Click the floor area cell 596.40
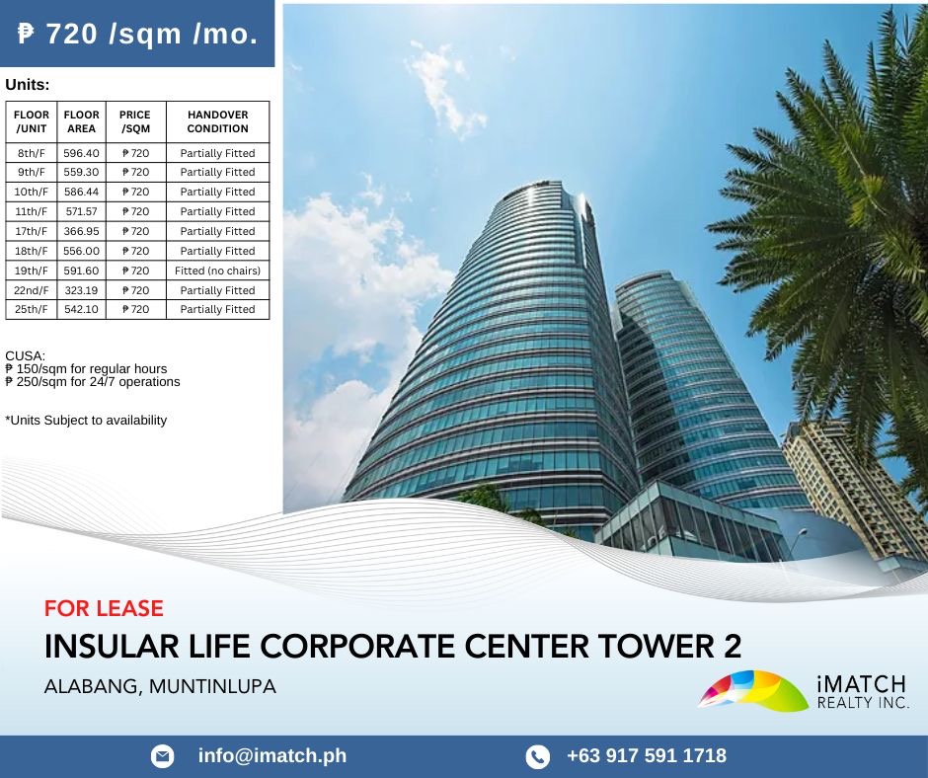pyautogui.click(x=81, y=153)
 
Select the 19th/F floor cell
pyautogui.click(x=32, y=271)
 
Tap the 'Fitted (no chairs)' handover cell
pyautogui.click(x=217, y=271)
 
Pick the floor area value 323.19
pyautogui.click(x=81, y=290)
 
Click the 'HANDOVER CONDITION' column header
pyautogui.click(x=217, y=121)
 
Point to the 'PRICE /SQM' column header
pyautogui.click(x=135, y=121)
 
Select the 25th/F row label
pyautogui.click(x=32, y=309)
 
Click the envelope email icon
pyautogui.click(x=162, y=756)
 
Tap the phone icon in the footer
pyautogui.click(x=537, y=756)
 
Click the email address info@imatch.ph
pyautogui.click(x=272, y=756)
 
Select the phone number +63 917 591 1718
pyautogui.click(x=647, y=756)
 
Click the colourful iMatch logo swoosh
pyautogui.click(x=752, y=690)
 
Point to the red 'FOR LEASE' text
pyautogui.click(x=104, y=608)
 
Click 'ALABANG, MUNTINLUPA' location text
pyautogui.click(x=160, y=686)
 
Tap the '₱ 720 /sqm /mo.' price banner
pyautogui.click(x=138, y=35)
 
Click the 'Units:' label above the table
pyautogui.click(x=27, y=85)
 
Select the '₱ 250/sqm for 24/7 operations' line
pyautogui.click(x=93, y=381)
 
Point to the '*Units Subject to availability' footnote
pyautogui.click(x=86, y=421)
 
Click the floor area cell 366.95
pyautogui.click(x=81, y=231)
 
